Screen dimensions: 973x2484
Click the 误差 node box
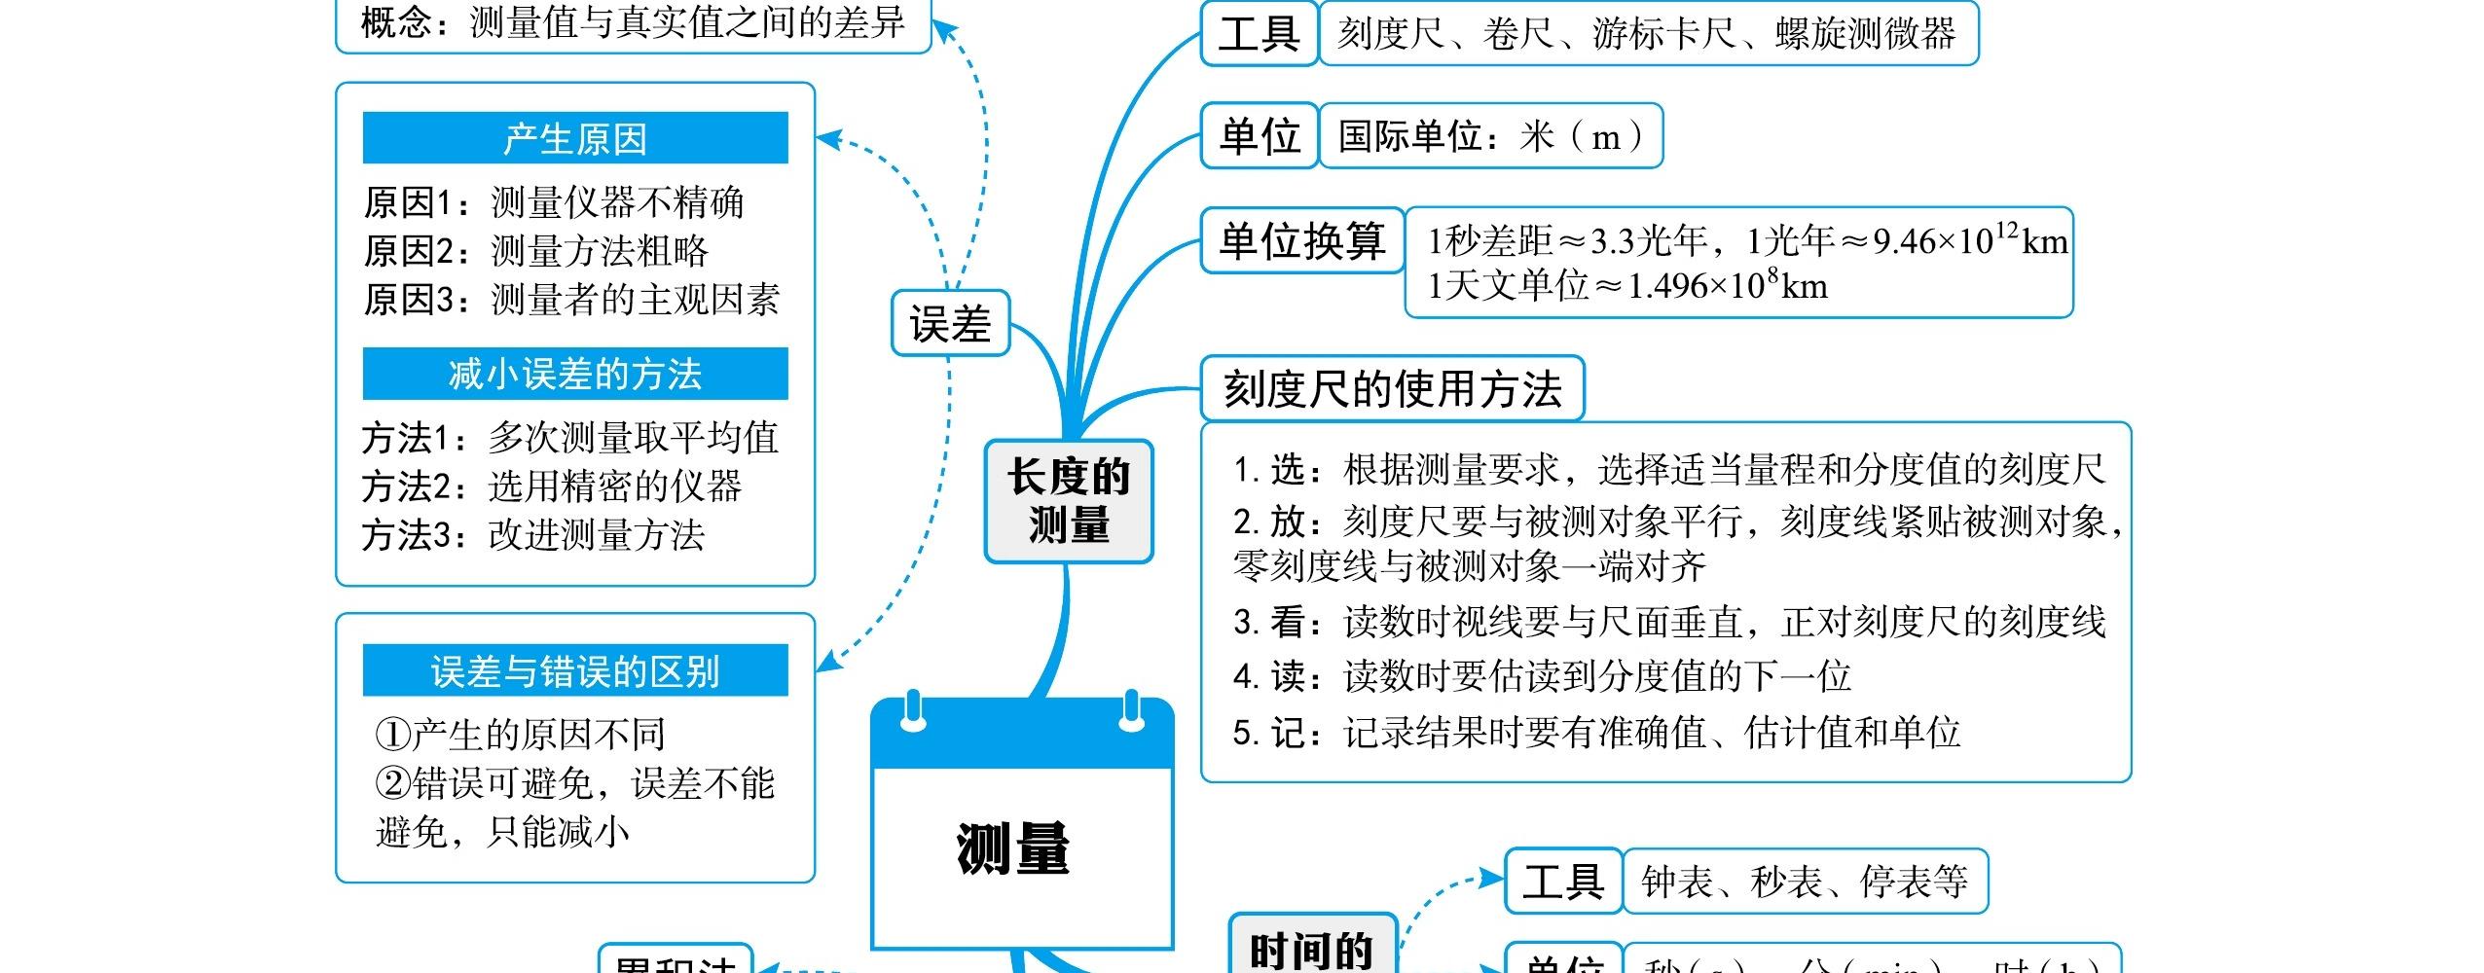(x=950, y=323)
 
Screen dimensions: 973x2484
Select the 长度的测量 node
(x=1068, y=501)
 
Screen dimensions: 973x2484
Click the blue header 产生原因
(x=574, y=138)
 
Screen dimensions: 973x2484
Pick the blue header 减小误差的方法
(x=574, y=374)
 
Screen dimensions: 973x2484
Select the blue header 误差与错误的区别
(x=574, y=670)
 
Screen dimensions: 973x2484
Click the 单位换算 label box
(x=1301, y=240)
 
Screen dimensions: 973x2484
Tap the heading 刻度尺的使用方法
(x=1392, y=389)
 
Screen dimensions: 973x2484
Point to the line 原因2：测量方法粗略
(x=536, y=251)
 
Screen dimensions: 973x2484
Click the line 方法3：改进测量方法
(x=533, y=534)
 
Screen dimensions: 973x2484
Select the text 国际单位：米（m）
(x=1490, y=136)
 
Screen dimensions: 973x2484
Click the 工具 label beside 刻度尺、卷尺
(x=1259, y=34)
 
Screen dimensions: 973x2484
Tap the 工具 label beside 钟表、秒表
(x=1562, y=882)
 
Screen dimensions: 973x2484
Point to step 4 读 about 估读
(x=1542, y=676)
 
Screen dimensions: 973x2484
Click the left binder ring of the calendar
(x=912, y=712)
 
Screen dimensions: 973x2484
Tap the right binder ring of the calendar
(x=1131, y=712)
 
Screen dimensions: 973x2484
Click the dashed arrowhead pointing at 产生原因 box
(x=827, y=139)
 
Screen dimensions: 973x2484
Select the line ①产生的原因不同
(x=521, y=735)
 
